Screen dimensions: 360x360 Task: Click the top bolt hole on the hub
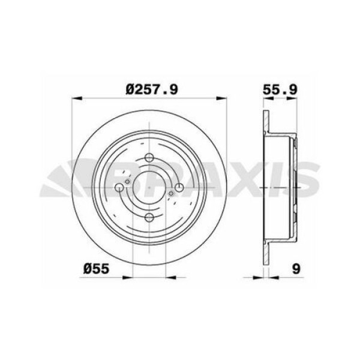click(x=149, y=160)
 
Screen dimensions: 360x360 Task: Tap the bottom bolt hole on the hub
click(x=149, y=218)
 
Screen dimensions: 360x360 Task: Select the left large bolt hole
click(x=120, y=189)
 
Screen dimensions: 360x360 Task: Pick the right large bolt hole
click(x=179, y=189)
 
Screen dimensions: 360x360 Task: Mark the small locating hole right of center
click(x=171, y=193)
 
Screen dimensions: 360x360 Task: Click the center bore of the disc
click(x=149, y=189)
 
